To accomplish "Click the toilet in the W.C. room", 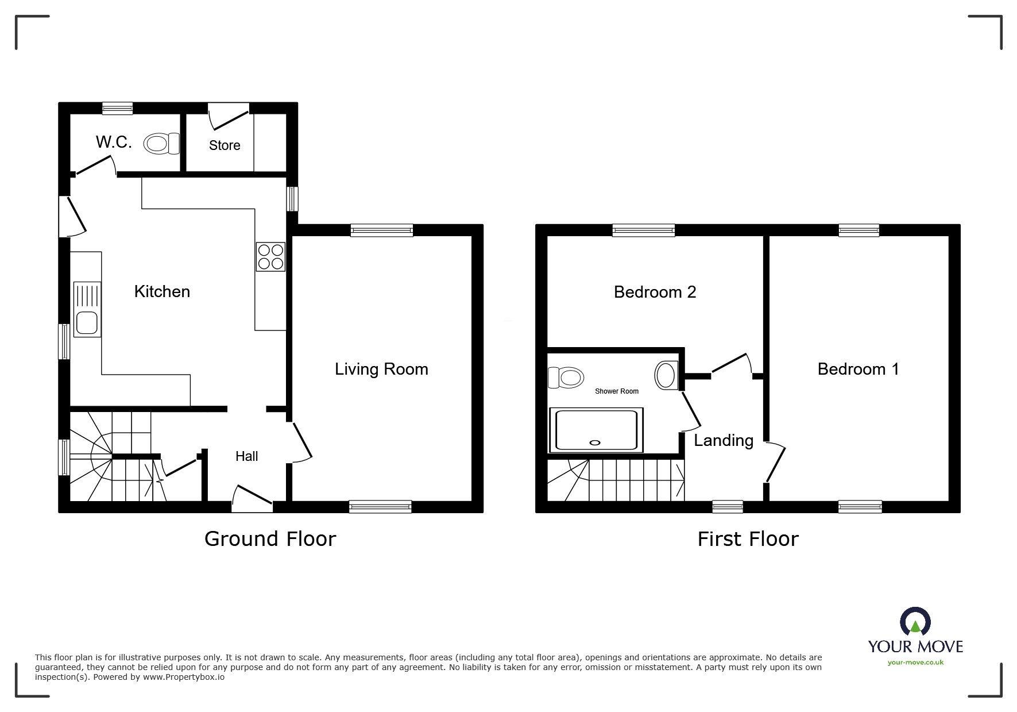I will [161, 144].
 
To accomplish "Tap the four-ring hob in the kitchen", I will [270, 257].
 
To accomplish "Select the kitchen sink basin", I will [86, 322].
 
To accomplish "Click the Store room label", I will [224, 145].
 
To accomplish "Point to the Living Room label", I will [381, 369].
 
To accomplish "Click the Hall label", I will [246, 456].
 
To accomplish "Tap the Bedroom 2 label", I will [655, 292].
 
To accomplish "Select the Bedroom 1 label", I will [858, 369].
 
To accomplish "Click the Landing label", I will [724, 441].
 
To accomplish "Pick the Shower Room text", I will [616, 391].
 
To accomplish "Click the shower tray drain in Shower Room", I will [594, 442].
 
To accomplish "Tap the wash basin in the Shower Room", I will [666, 375].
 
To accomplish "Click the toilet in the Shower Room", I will [566, 378].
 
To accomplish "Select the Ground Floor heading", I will [270, 539].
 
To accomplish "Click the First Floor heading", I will [748, 539].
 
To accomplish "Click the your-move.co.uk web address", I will [915, 663].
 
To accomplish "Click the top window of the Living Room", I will [382, 230].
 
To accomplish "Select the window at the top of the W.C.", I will [118, 108].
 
